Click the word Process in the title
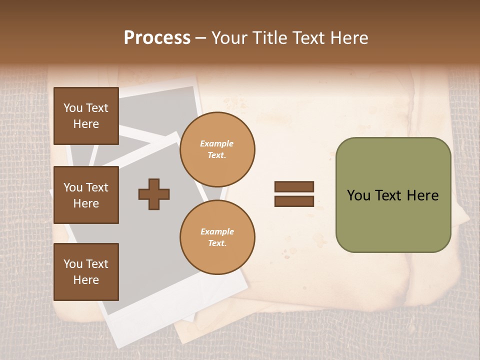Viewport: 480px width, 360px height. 157,38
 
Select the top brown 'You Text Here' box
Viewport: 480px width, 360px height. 86,116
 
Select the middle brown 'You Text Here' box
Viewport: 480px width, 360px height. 86,195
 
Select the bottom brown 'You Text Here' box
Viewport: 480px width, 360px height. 86,272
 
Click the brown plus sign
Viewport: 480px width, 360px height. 154,194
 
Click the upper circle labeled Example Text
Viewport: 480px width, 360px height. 217,149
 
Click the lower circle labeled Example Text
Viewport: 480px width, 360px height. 217,237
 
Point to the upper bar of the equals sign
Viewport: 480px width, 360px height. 294,186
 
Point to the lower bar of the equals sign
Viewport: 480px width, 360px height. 294,201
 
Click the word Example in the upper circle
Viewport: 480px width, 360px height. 217,143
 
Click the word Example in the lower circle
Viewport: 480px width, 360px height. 217,231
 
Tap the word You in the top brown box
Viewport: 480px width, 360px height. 73,108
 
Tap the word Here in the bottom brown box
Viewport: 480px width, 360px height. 86,280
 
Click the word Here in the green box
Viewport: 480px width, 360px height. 422,195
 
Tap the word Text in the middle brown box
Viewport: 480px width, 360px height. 97,187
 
